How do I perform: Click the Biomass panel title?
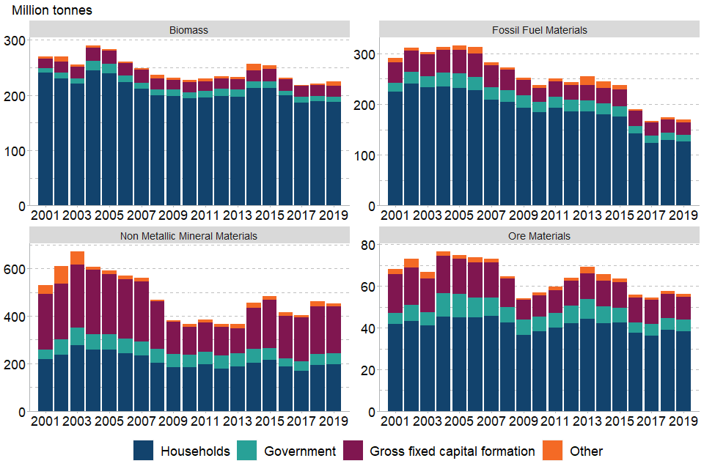click(188, 30)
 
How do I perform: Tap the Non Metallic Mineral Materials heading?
click(188, 236)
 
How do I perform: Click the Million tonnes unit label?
click(52, 11)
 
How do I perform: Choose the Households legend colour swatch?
click(144, 451)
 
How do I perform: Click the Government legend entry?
click(299, 451)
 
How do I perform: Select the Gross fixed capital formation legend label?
click(452, 451)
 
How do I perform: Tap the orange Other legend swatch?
click(552, 451)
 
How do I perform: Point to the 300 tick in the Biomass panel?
click(15, 40)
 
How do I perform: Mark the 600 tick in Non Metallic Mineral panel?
click(15, 269)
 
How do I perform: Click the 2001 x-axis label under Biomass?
click(45, 216)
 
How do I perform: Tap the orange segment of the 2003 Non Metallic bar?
click(77, 257)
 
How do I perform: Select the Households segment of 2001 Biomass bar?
click(45, 139)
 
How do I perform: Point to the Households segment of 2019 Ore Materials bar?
click(684, 371)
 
